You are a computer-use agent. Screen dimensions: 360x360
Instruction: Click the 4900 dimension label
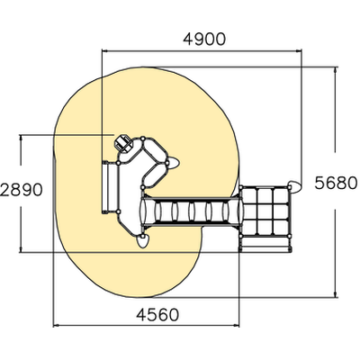[204, 40]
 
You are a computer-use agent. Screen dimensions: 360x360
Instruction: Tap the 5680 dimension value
[337, 183]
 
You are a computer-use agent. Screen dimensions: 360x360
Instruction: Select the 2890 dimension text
[22, 190]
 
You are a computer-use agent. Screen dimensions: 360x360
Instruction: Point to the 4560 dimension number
[157, 315]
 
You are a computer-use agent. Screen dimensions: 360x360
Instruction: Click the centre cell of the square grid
[265, 211]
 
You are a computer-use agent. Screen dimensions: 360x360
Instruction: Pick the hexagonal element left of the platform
[123, 143]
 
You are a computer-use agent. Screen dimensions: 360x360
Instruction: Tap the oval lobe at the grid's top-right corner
[294, 186]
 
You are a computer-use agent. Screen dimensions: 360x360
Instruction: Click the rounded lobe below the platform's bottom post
[143, 241]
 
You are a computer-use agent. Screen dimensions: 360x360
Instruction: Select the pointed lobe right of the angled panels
[173, 163]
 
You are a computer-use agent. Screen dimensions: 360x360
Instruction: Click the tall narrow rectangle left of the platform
[105, 187]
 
